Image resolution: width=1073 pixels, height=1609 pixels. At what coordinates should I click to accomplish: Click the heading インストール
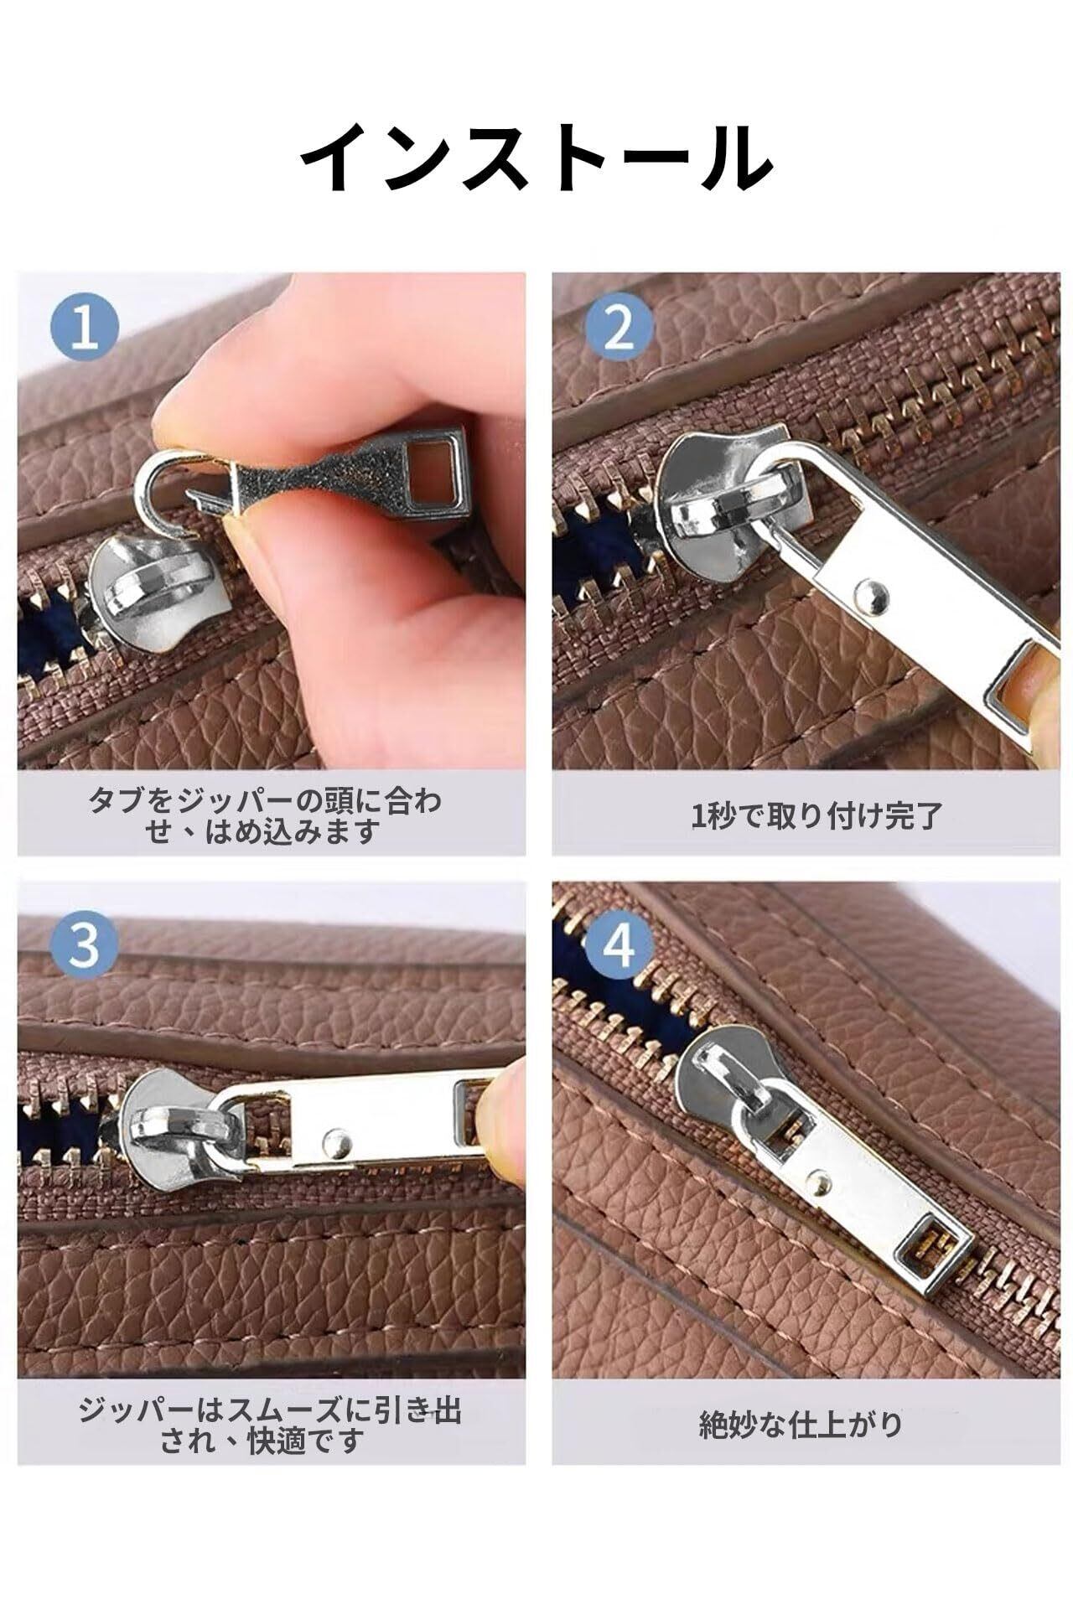pos(536,158)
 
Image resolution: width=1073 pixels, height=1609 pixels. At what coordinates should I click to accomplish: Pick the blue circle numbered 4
pos(619,946)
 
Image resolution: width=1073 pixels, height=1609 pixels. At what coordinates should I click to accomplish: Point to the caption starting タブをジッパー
pos(264,815)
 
